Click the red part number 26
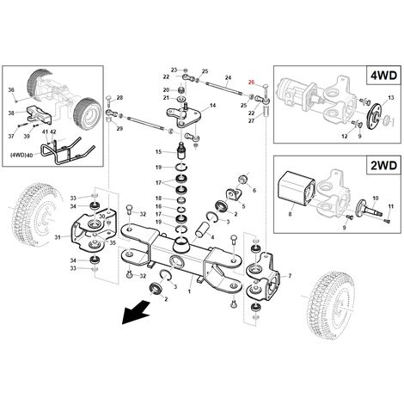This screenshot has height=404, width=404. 251,83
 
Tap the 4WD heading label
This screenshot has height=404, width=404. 383,76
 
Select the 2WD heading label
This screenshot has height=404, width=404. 383,165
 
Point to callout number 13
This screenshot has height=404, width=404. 391,98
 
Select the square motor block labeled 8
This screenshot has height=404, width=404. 297,188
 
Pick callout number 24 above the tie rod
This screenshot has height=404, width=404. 228,77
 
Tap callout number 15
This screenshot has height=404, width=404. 158,152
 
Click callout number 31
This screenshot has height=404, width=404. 58,237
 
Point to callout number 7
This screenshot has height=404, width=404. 290,276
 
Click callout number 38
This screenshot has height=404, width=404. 11,113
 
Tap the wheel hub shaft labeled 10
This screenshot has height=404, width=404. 369,211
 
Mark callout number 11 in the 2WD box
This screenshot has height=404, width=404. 391,206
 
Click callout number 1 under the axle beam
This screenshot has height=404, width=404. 189,291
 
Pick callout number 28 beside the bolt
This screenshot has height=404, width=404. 119,98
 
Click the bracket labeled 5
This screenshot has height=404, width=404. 234,195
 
